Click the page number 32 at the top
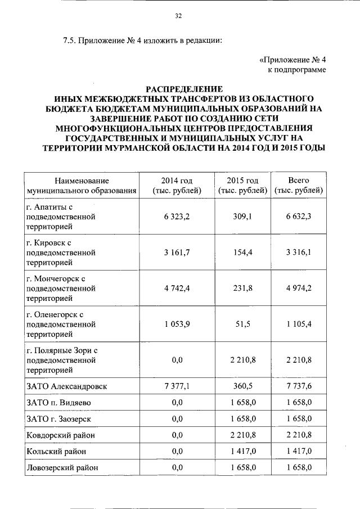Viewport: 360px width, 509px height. tap(179, 16)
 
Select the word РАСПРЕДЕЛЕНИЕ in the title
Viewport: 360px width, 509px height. tap(184, 89)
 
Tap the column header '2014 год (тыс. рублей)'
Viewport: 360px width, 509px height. tap(177, 186)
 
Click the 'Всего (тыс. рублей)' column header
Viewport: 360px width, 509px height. tap(299, 186)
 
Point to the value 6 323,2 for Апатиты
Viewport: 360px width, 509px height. tap(177, 217)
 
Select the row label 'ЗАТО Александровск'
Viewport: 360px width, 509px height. tap(67, 387)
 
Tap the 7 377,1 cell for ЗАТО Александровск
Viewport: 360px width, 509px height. tap(177, 387)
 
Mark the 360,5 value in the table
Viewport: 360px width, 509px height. tap(242, 387)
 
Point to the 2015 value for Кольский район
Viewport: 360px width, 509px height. tap(242, 451)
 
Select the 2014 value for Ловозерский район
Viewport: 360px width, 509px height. tap(177, 467)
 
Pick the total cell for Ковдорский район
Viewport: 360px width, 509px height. tap(299, 435)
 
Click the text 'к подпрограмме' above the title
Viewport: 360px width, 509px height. tap(296, 70)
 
